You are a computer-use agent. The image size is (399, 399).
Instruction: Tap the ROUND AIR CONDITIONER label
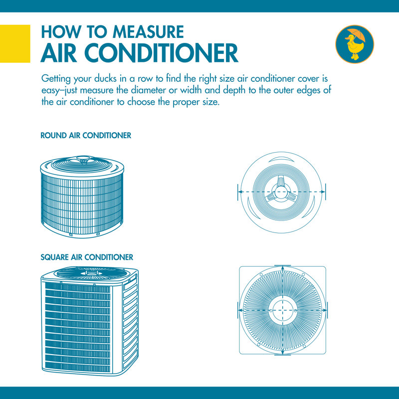coord(86,136)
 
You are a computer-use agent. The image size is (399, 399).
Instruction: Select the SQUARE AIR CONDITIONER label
coord(87,257)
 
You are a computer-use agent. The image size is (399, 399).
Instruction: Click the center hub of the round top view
coord(282,192)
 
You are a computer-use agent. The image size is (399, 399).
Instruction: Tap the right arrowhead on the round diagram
coord(323,192)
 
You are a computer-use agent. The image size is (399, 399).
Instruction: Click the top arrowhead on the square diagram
coord(283,268)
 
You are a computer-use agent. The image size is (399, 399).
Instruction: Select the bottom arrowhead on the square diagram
coord(283,352)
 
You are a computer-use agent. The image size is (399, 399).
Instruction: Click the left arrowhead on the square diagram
coord(241,310)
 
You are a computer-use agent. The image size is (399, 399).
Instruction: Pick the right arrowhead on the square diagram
coord(324,310)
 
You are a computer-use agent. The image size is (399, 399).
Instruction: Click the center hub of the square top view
coord(283,310)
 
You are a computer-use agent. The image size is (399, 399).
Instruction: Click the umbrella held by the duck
coord(356,36)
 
